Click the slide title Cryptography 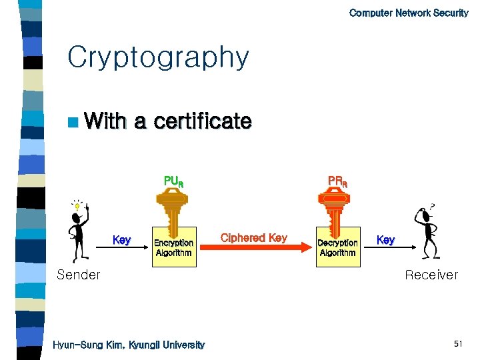pyautogui.click(x=158, y=58)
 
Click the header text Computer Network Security pyautogui.click(x=408, y=13)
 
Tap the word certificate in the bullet pyautogui.click(x=202, y=121)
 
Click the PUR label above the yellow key pyautogui.click(x=173, y=181)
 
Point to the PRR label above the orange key pyautogui.click(x=337, y=181)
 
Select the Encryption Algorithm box pyautogui.click(x=173, y=248)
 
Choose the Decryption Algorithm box pyautogui.click(x=337, y=248)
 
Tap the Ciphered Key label pyautogui.click(x=253, y=237)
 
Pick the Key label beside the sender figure pyautogui.click(x=121, y=240)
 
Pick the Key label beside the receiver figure pyautogui.click(x=386, y=239)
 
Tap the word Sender pyautogui.click(x=79, y=275)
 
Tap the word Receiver pyautogui.click(x=431, y=275)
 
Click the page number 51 pyautogui.click(x=458, y=344)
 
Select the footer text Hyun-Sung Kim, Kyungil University pyautogui.click(x=129, y=345)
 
